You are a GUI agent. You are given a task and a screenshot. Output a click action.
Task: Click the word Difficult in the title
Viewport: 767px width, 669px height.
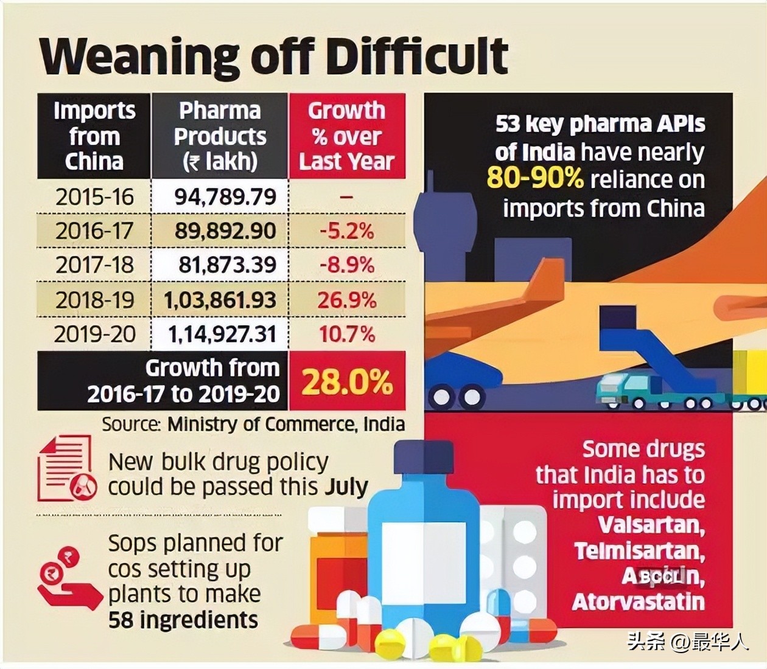coord(416,56)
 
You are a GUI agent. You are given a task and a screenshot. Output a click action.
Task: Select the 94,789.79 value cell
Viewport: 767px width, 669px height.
coord(225,197)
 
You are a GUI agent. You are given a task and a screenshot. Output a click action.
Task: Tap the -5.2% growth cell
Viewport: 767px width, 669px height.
coord(346,231)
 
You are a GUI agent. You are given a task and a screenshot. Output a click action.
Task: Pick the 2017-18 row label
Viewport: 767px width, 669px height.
coord(94,265)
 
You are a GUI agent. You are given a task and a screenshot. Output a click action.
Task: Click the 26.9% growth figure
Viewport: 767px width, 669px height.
coord(346,300)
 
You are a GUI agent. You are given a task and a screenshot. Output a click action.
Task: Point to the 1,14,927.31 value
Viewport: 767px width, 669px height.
coord(222,334)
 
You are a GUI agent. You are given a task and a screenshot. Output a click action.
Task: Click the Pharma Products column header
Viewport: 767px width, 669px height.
coord(220,136)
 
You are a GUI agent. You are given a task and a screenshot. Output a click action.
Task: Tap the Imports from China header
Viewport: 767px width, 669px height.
coord(94,136)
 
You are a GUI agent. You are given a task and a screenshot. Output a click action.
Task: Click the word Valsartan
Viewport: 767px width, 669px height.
coord(651,525)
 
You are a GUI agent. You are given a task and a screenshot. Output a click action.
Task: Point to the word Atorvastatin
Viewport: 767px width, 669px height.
coord(638,602)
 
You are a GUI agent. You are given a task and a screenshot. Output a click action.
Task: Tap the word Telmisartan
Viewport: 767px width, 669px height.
coord(639,551)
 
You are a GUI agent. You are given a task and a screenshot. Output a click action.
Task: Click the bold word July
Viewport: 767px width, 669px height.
coord(346,487)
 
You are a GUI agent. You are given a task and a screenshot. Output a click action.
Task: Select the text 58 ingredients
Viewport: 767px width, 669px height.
coord(183,620)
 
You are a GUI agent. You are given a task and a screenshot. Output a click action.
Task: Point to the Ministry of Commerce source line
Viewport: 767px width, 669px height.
coord(253,424)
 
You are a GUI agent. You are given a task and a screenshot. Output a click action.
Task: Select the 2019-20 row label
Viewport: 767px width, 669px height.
coord(94,334)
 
